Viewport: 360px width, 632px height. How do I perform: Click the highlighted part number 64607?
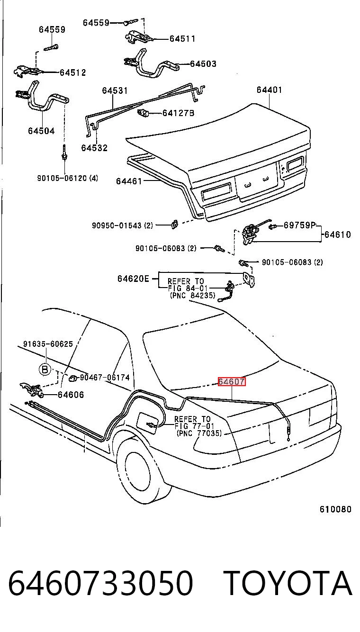pyautogui.click(x=232, y=381)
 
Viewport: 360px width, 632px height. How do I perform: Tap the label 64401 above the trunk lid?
pyautogui.click(x=269, y=90)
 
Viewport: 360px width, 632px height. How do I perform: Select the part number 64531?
pyautogui.click(x=115, y=90)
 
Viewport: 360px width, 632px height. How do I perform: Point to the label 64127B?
pyautogui.click(x=178, y=113)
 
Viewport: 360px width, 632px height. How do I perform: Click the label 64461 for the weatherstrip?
pyautogui.click(x=129, y=181)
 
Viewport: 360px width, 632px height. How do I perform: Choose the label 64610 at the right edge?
pyautogui.click(x=337, y=235)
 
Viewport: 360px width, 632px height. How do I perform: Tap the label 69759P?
pyautogui.click(x=299, y=225)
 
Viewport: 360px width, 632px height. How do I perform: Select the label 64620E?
pyautogui.click(x=133, y=279)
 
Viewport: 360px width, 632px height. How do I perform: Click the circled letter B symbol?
pyautogui.click(x=45, y=370)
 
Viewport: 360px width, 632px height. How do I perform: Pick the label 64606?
pyautogui.click(x=71, y=395)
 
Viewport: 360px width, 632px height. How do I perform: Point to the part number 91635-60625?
pyautogui.click(x=48, y=344)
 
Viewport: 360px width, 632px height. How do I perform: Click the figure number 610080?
pyautogui.click(x=335, y=509)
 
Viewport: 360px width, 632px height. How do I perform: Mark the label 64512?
pyautogui.click(x=72, y=72)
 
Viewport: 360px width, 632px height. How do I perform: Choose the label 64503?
pyautogui.click(x=203, y=64)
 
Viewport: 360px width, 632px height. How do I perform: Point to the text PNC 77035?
pyautogui.click(x=199, y=433)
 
